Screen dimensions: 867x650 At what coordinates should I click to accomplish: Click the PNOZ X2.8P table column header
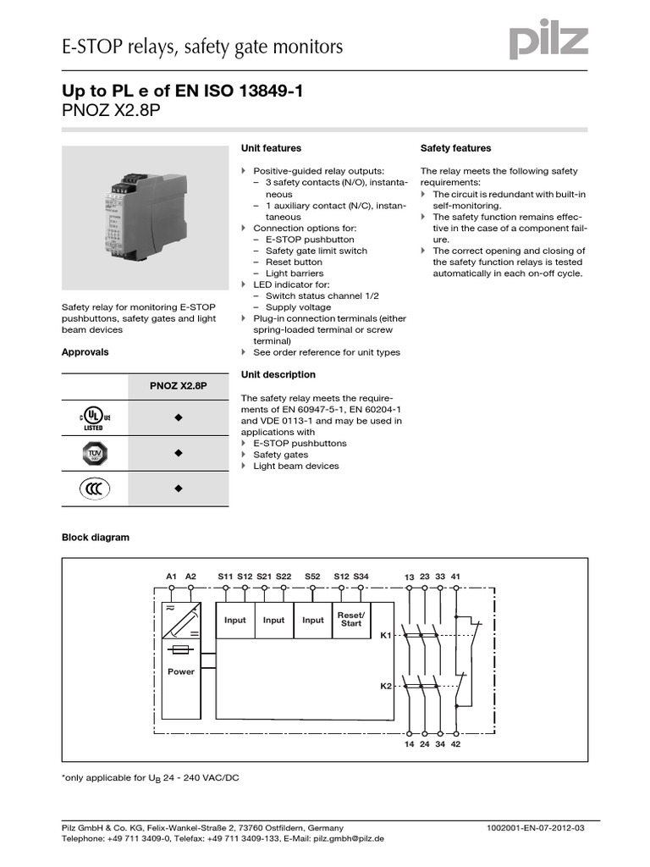pyautogui.click(x=178, y=386)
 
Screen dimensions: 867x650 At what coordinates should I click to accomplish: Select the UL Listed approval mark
pyautogui.click(x=94, y=418)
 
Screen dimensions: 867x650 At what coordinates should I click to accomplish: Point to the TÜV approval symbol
pyautogui.click(x=94, y=454)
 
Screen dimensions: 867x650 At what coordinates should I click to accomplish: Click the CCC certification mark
pyautogui.click(x=94, y=489)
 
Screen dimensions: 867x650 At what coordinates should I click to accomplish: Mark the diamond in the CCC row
pyautogui.click(x=179, y=489)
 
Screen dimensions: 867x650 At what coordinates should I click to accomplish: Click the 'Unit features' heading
pyautogui.click(x=271, y=148)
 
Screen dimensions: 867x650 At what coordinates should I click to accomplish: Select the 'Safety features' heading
pyautogui.click(x=455, y=148)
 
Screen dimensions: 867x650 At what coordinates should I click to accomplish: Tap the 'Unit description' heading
pyautogui.click(x=278, y=374)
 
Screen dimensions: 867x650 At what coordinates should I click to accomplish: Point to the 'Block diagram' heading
pyautogui.click(x=96, y=538)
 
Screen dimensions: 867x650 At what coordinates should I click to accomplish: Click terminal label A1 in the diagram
pyautogui.click(x=171, y=577)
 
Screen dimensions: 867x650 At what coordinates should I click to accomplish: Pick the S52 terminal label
pyautogui.click(x=312, y=577)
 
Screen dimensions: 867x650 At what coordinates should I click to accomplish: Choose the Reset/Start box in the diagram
pyautogui.click(x=351, y=619)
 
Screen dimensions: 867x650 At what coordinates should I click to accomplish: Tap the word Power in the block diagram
pyautogui.click(x=181, y=671)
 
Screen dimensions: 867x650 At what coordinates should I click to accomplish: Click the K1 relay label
pyautogui.click(x=385, y=633)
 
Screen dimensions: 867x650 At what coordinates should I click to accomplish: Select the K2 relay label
pyautogui.click(x=385, y=687)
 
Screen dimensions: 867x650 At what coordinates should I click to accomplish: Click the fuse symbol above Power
pyautogui.click(x=181, y=651)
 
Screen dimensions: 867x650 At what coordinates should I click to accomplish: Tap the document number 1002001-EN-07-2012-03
pyautogui.click(x=536, y=827)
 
